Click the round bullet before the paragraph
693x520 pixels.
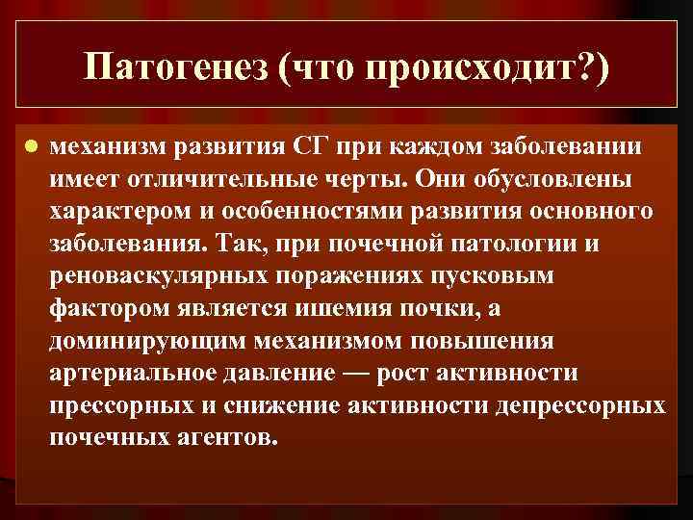[31, 148]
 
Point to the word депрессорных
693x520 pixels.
[580, 404]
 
